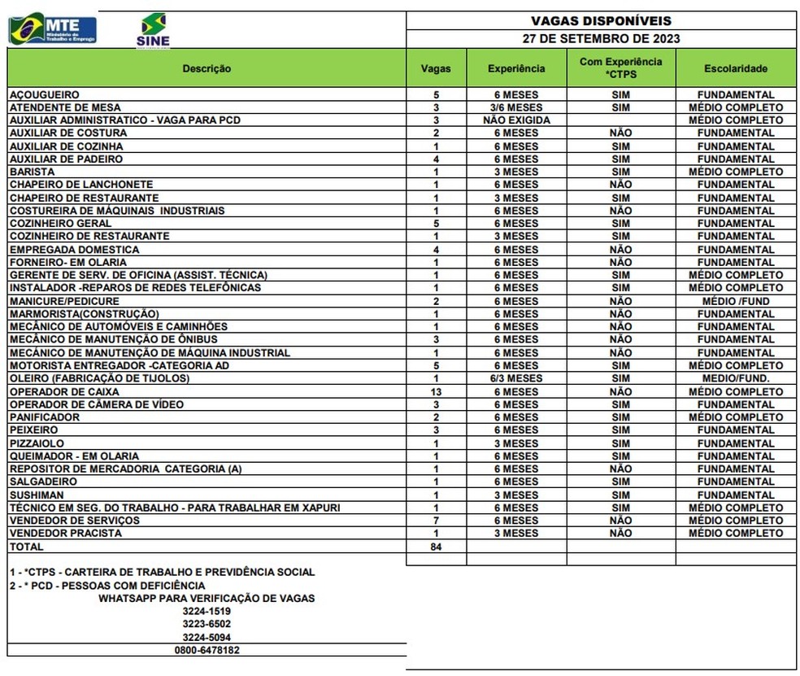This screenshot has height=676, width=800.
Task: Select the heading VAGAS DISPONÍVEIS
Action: pyautogui.click(x=601, y=21)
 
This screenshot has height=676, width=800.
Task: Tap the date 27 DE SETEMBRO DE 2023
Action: pyautogui.click(x=601, y=38)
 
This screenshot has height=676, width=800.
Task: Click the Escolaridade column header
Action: pyautogui.click(x=735, y=68)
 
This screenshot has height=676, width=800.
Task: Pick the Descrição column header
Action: pyautogui.click(x=207, y=68)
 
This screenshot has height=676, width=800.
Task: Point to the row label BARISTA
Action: pyautogui.click(x=33, y=172)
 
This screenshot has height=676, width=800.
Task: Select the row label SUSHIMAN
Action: pyautogui.click(x=37, y=495)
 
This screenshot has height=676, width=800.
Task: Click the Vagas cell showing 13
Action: pyautogui.click(x=436, y=391)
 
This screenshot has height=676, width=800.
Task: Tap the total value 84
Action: pyautogui.click(x=436, y=547)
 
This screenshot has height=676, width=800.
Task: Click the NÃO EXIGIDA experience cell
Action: pyautogui.click(x=516, y=120)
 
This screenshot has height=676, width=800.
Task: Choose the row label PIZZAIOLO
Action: pyautogui.click(x=37, y=443)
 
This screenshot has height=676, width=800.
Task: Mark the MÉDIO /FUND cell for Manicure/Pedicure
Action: pyautogui.click(x=735, y=301)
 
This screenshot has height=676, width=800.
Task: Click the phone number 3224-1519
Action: pyautogui.click(x=207, y=611)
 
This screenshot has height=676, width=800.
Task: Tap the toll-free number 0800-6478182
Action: pyautogui.click(x=207, y=650)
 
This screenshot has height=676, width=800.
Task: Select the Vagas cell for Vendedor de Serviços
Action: pyautogui.click(x=436, y=521)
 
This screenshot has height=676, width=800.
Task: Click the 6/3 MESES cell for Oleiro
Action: pyautogui.click(x=516, y=378)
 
